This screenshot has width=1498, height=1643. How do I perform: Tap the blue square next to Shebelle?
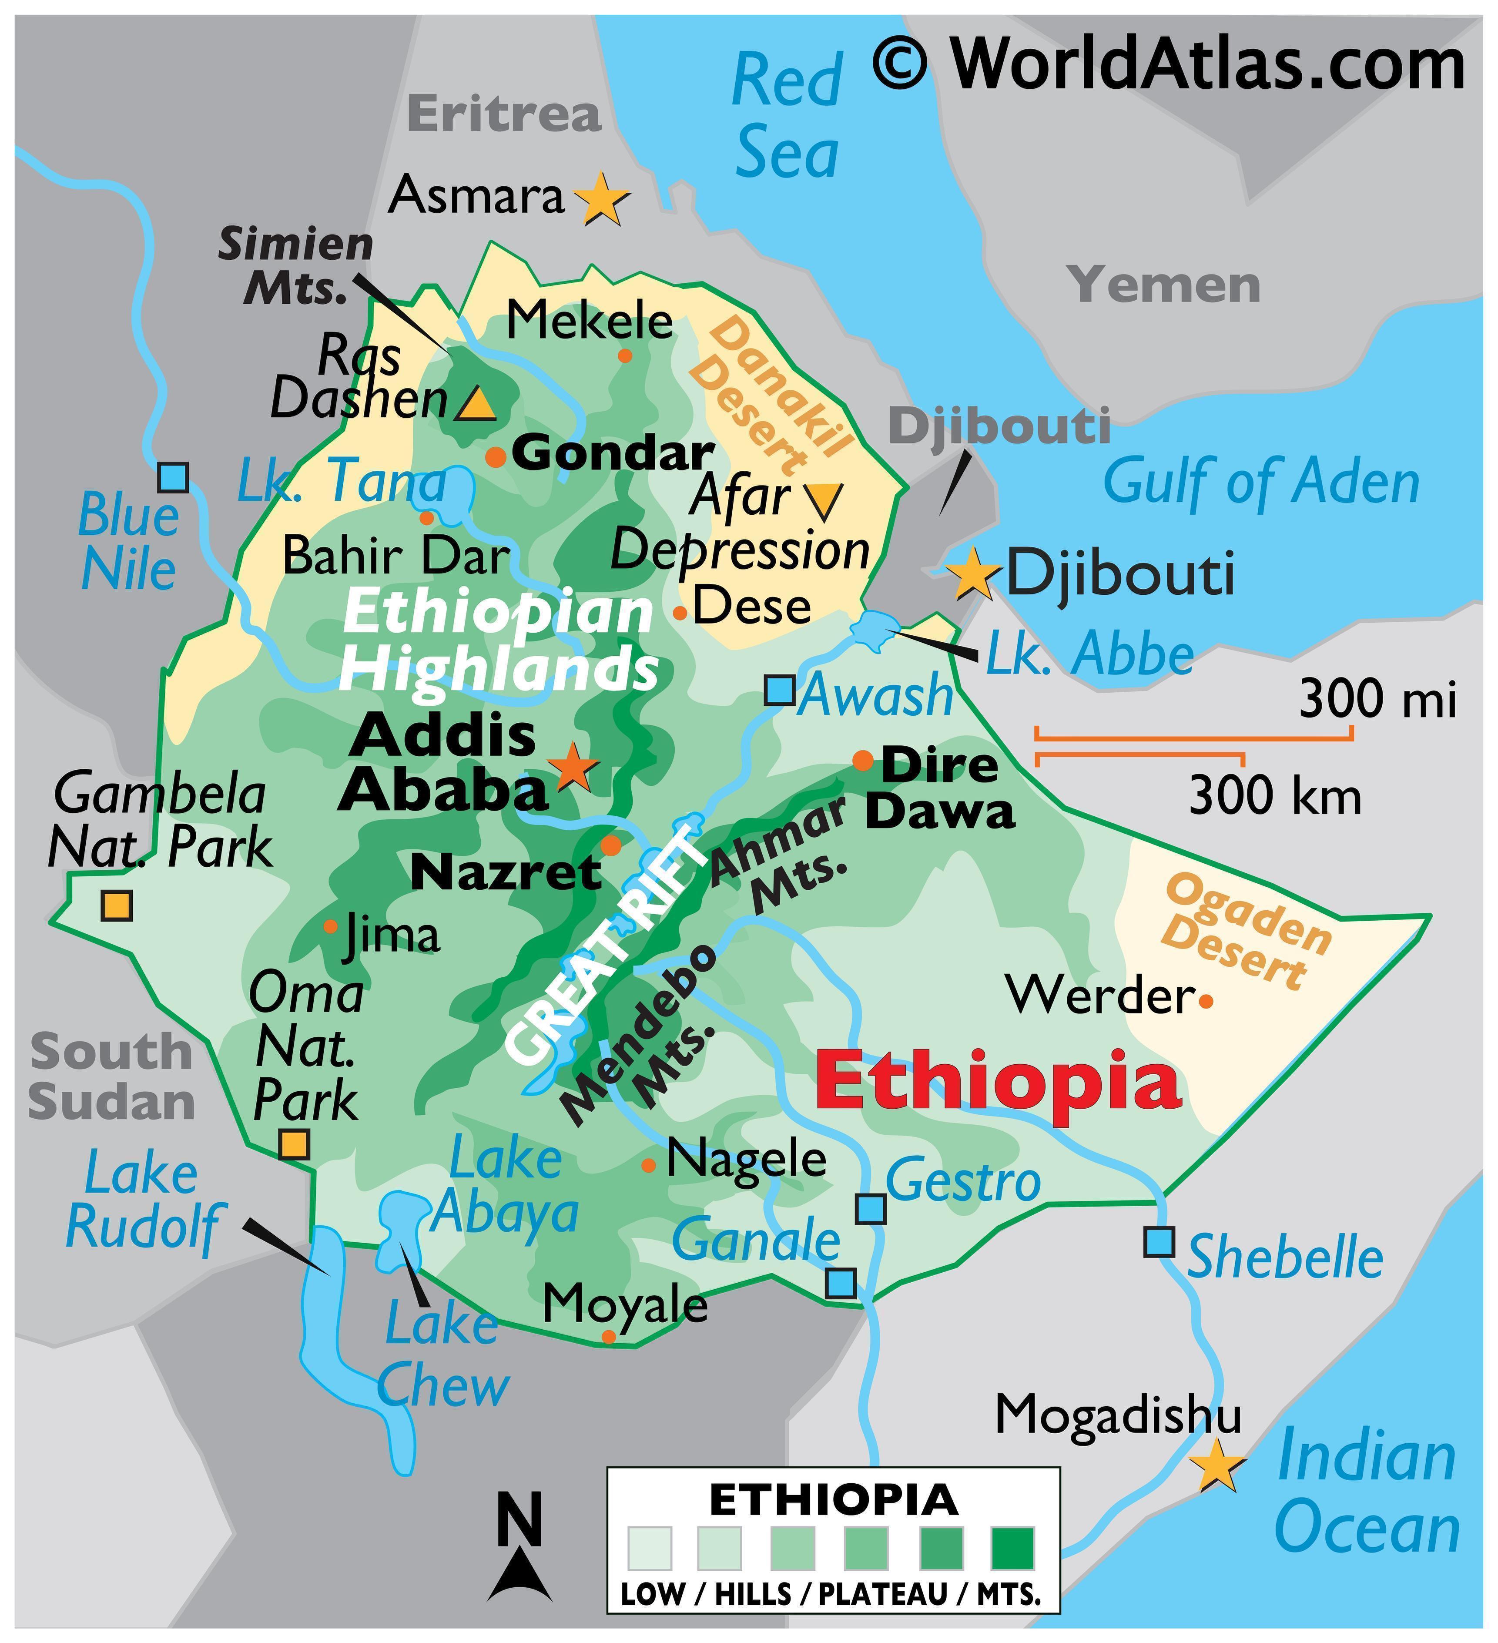(1159, 1242)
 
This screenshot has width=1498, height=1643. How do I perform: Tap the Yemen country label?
(1166, 285)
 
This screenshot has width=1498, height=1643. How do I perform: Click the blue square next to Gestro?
(871, 1209)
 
